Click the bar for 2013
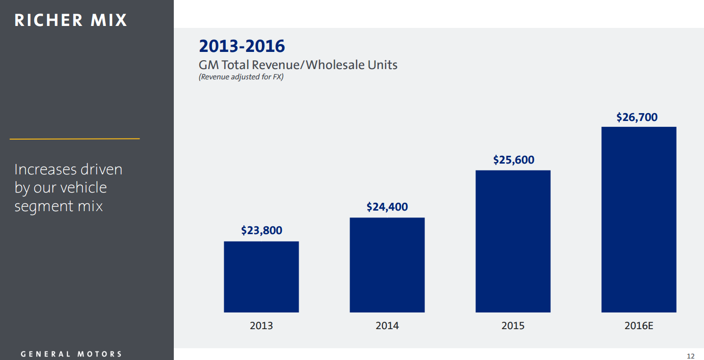tap(261, 277)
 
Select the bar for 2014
tap(387, 265)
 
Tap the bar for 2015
tap(513, 241)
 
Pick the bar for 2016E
tap(638, 219)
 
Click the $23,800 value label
tap(261, 230)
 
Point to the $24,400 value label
tap(387, 207)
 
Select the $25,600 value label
tap(513, 160)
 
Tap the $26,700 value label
tap(636, 117)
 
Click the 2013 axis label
tap(261, 326)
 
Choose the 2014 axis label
tap(387, 326)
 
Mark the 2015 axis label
tap(513, 326)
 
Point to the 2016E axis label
tap(638, 326)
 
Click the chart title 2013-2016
tap(241, 46)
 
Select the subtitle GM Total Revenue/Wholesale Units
tap(298, 65)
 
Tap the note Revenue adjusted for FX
tap(241, 77)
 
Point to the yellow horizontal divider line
tap(74, 139)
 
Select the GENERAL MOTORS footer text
tap(71, 354)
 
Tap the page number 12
tap(691, 356)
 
